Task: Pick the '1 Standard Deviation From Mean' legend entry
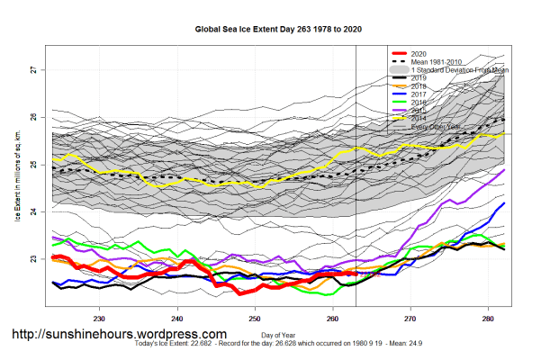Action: pyautogui.click(x=460, y=70)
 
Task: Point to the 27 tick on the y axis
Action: pyautogui.click(x=33, y=70)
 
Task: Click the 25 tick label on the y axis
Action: pyautogui.click(x=33, y=165)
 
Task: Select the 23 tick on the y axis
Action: pyautogui.click(x=33, y=259)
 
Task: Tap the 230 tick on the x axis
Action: pyautogui.click(x=99, y=318)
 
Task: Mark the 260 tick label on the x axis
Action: pyautogui.click(x=333, y=318)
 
